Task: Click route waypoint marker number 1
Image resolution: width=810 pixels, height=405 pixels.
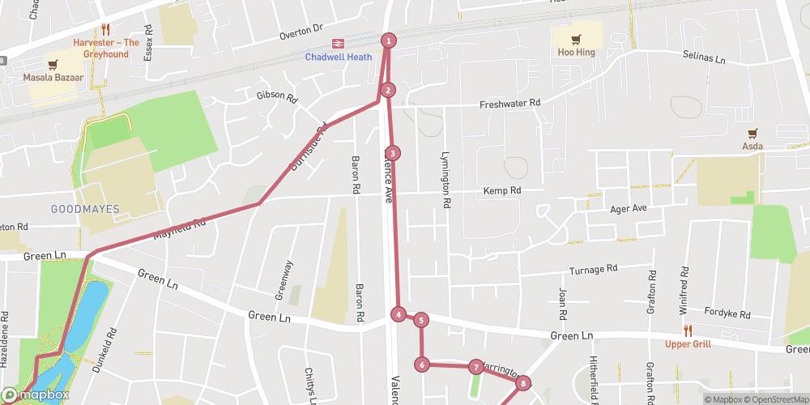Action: coord(389,40)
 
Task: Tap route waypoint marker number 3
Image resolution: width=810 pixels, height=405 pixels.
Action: coord(392,153)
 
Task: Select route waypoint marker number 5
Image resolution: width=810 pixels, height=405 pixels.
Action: coord(420,320)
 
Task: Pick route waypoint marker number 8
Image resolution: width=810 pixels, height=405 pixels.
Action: coord(523,383)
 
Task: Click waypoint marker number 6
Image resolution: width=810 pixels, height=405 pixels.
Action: coord(422,364)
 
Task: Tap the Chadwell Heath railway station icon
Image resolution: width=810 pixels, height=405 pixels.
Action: coord(335,45)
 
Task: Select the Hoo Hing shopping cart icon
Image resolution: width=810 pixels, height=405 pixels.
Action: coord(576,38)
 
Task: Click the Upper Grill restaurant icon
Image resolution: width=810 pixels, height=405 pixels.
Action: coord(688,330)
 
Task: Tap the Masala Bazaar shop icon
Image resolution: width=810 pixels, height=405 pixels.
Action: coord(53,64)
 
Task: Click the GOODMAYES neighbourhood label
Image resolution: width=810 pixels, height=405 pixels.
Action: coord(85,209)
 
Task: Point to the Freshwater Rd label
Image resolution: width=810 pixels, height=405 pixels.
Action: coord(509,104)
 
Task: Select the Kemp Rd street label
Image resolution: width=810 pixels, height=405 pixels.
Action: coord(502,190)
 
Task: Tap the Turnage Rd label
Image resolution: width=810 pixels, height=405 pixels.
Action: coord(593,268)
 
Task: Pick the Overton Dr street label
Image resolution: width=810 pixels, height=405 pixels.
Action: coord(301,36)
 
